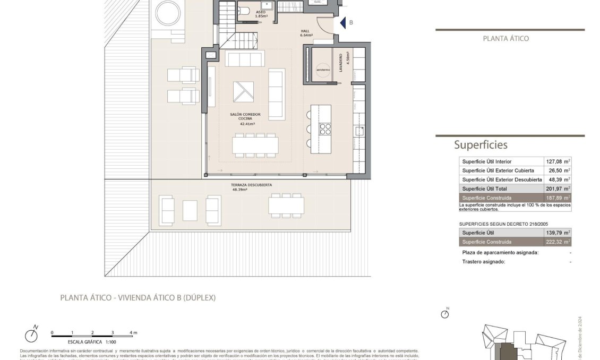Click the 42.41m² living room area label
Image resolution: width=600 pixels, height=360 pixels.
click(x=247, y=124)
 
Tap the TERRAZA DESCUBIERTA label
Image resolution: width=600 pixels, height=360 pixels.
click(x=252, y=185)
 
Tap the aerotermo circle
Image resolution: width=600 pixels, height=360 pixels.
click(x=322, y=70)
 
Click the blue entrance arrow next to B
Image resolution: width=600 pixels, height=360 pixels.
click(x=343, y=23)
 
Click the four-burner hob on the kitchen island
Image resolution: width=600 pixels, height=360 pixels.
click(x=324, y=129)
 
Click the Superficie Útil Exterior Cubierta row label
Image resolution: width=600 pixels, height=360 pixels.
click(x=498, y=170)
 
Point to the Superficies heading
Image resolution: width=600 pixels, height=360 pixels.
click(x=481, y=145)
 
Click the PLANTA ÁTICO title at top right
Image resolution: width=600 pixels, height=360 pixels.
click(x=505, y=38)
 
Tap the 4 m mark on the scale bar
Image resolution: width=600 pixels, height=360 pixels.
click(x=133, y=333)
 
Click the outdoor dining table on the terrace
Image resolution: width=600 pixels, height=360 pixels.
click(x=286, y=205)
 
